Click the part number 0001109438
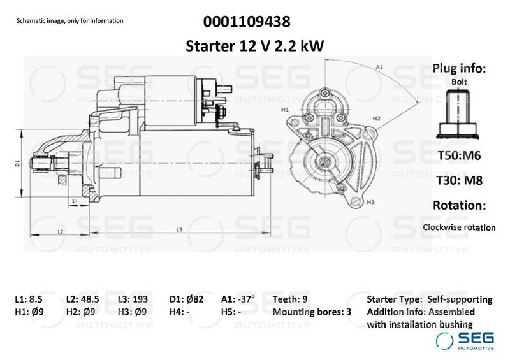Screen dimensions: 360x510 pyautogui.click(x=247, y=22)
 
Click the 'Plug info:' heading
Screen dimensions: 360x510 pyautogui.click(x=459, y=68)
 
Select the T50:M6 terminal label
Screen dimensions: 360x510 pyautogui.click(x=459, y=155)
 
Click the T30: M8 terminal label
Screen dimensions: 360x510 pyautogui.click(x=459, y=180)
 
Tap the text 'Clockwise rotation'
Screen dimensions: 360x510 pyautogui.click(x=459, y=227)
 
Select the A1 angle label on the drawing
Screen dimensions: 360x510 pyautogui.click(x=379, y=67)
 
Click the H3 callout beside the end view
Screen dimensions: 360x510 pyautogui.click(x=370, y=202)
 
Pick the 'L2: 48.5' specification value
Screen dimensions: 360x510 pyautogui.click(x=82, y=299)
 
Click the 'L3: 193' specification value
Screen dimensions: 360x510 pyautogui.click(x=135, y=299)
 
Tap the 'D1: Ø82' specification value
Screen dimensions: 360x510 pyautogui.click(x=186, y=299)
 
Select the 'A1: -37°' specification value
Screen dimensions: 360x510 pyautogui.click(x=238, y=299)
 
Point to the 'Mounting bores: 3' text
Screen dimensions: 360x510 pyautogui.click(x=312, y=312)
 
